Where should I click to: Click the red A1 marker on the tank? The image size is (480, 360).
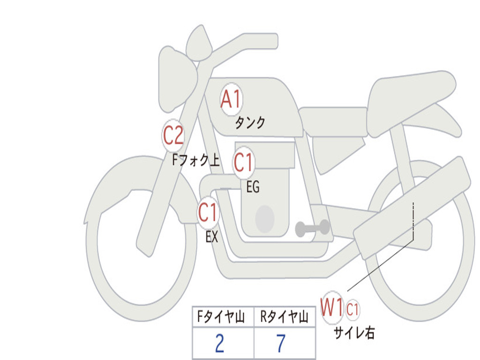pos(231,99)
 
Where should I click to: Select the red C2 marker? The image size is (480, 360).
pos(173,135)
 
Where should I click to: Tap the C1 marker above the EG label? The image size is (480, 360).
pos(244,162)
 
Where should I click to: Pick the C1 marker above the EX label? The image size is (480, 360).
pos(208,212)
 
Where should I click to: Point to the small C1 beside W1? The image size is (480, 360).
pos(352,309)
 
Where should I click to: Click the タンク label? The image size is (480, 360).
pos(250,122)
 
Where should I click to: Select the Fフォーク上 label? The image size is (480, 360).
pos(196,160)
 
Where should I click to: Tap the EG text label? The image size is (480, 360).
pos(253,187)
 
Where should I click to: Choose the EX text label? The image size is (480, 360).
pos(212,237)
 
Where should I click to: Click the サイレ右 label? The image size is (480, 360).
pos(354,333)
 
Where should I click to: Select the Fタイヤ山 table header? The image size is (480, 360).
pos(221,316)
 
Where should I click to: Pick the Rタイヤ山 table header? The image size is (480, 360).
pos(284,316)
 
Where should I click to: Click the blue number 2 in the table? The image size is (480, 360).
pos(220,343)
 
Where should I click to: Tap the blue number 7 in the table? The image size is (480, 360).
pos(281,343)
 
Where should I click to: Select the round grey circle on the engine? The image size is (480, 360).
pos(265,219)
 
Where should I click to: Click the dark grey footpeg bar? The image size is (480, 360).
pos(312,228)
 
